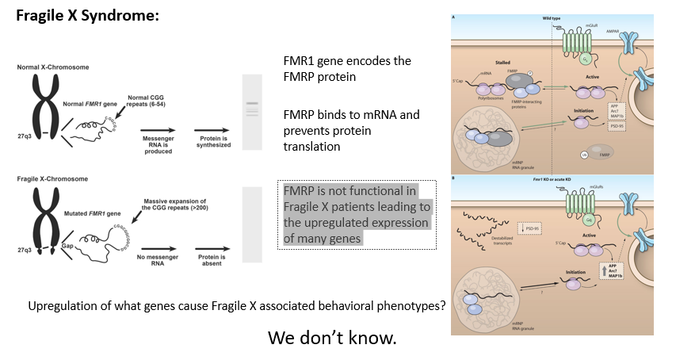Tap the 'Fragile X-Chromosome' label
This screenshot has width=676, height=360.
pyautogui.click(x=49, y=179)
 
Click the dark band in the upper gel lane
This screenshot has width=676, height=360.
pyautogui.click(x=252, y=104)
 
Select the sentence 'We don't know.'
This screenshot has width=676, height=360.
pyautogui.click(x=332, y=337)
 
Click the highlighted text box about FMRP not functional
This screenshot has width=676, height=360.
pyautogui.click(x=357, y=215)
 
